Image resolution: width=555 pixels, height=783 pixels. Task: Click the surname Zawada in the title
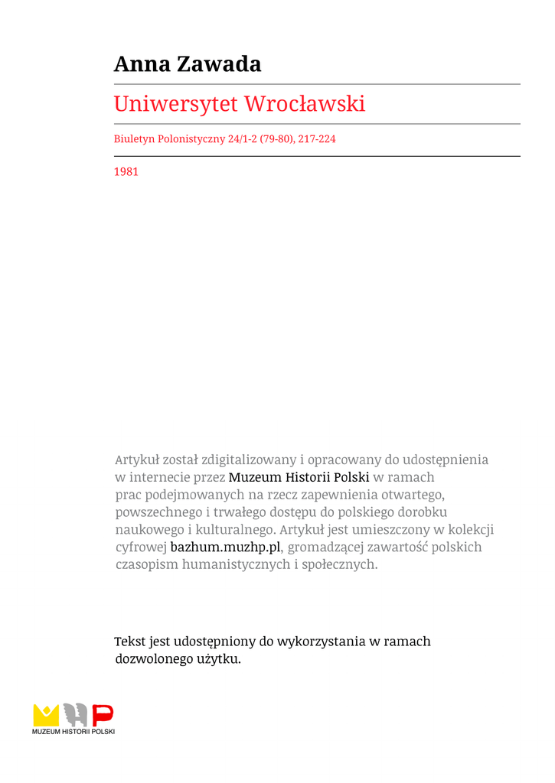[219, 64]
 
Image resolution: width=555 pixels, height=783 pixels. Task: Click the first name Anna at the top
[142, 64]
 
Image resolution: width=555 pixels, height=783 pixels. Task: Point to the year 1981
[126, 172]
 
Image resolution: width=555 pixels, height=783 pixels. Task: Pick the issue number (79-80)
[276, 140]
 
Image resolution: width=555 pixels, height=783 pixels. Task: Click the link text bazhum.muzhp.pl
[226, 547]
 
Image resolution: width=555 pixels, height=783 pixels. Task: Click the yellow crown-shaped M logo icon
[46, 715]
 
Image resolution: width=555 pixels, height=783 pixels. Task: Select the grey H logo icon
[75, 715]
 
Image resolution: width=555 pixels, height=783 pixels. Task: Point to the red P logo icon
[103, 715]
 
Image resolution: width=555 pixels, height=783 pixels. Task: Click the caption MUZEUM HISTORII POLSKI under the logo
[73, 732]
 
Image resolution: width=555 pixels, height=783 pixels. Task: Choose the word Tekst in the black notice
[130, 642]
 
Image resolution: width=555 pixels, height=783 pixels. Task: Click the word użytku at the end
[220, 659]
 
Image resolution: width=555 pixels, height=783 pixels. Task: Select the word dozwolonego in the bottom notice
[150, 659]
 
